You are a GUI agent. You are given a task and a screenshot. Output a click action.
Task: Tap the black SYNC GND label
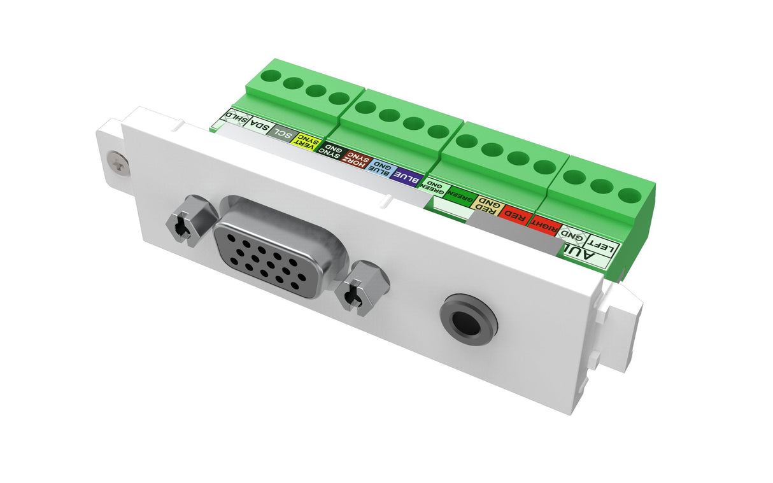coord(331,151)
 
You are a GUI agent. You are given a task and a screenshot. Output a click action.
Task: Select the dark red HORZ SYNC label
coord(355,160)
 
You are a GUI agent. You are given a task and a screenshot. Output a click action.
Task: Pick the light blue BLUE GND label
coord(380,167)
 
